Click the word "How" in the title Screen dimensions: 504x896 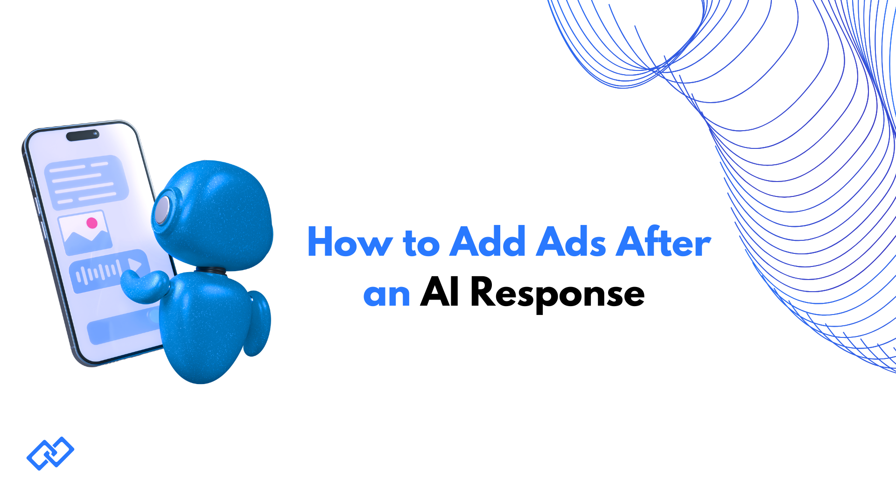pos(350,242)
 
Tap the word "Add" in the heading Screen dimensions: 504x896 pos(487,242)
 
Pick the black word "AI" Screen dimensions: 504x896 pos(439,292)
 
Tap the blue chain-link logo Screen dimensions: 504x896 pos(50,453)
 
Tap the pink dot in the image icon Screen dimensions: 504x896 pos(92,223)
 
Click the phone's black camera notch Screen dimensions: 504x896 pos(83,135)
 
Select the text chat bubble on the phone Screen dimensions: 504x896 pos(86,182)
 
